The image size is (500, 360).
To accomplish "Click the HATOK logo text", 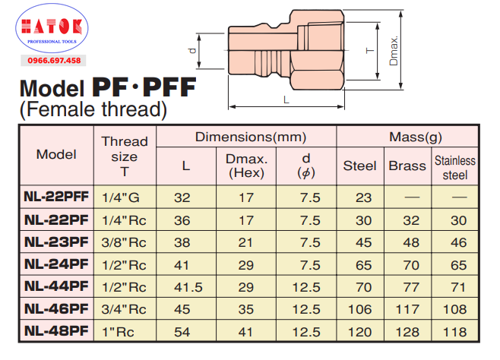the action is click(52, 27).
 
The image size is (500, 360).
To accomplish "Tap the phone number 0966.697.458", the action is click(54, 61).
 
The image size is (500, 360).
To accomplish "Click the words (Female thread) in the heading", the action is click(93, 109).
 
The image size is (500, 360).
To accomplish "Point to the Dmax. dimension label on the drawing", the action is click(394, 51).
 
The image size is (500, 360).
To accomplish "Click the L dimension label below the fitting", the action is click(286, 100).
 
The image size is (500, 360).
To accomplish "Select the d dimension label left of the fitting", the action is click(192, 51).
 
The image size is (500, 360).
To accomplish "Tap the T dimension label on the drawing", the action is click(370, 51).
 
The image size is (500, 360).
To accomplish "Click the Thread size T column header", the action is click(125, 156).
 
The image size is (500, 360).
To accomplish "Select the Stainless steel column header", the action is click(455, 168).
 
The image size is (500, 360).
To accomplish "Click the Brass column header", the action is click(407, 166).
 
